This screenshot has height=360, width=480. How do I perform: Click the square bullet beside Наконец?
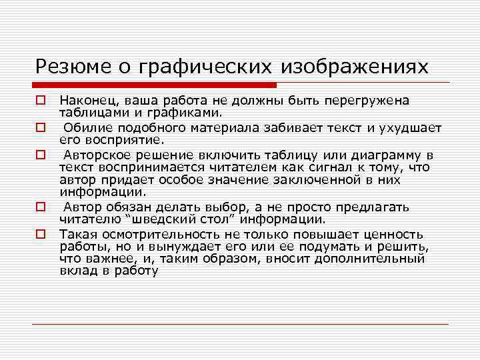pos(40,101)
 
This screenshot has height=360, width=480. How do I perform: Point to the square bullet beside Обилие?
pos(40,127)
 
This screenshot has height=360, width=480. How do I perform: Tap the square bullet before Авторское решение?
pos(40,155)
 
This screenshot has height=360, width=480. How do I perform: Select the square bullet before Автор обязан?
pos(40,207)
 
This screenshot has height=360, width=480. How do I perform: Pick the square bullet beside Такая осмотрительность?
pos(40,234)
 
